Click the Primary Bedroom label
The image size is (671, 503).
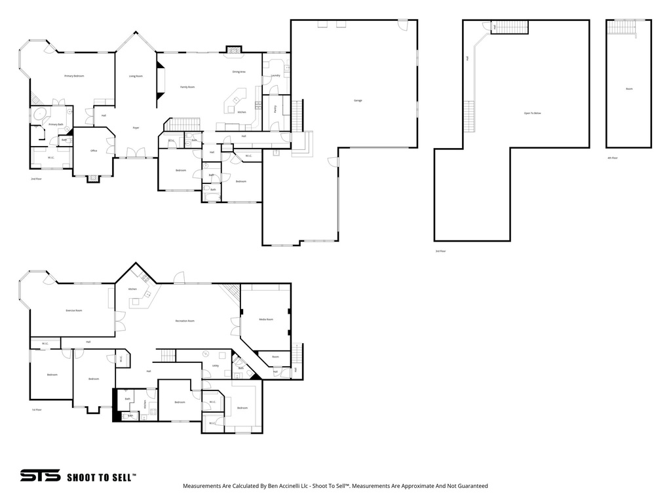pos(74,76)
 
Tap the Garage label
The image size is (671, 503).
pos(358,100)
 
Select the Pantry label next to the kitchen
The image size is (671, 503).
pos(275,108)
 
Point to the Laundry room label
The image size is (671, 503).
pos(276,75)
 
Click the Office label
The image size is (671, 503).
pos(94,151)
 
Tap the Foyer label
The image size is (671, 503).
pos(136,128)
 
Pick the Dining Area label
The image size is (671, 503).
pos(239,71)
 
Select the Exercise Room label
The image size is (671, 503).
pos(74,310)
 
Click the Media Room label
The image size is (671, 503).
pos(265,319)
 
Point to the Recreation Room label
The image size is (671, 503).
pos(185,321)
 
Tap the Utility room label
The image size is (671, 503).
pos(216,365)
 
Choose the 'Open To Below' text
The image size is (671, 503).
pos(532,113)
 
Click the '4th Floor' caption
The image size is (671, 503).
pos(612,158)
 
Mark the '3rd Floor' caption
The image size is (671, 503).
pos(440,251)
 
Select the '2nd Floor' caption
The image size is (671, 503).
pos(36,178)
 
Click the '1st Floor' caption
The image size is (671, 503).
pos(37,410)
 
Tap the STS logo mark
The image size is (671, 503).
pos(40,475)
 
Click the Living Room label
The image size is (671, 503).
pos(136,76)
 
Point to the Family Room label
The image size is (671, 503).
pos(187,87)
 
